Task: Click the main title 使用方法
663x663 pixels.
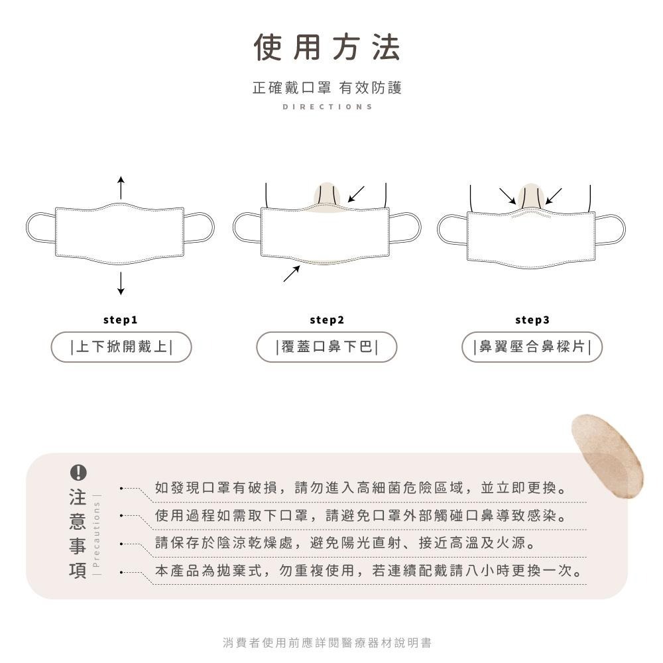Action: point(328,48)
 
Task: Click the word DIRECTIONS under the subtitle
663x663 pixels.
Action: point(328,107)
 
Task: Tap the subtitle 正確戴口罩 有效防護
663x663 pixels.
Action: point(328,88)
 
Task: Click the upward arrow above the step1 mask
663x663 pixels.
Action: point(120,188)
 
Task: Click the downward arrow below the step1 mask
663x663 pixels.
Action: point(120,283)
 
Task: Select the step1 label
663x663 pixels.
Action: point(120,320)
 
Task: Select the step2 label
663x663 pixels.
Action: point(327,320)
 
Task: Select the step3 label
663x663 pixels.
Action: point(532,320)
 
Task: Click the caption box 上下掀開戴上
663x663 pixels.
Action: point(121,347)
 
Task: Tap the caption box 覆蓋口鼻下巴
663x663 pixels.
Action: point(327,347)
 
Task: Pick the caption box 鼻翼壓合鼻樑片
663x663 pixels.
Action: point(532,347)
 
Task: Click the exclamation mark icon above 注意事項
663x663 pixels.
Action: point(78,472)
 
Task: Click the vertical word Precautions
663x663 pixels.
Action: point(97,534)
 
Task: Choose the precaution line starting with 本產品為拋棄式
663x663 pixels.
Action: point(370,571)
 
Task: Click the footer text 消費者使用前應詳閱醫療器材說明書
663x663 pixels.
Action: point(328,642)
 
